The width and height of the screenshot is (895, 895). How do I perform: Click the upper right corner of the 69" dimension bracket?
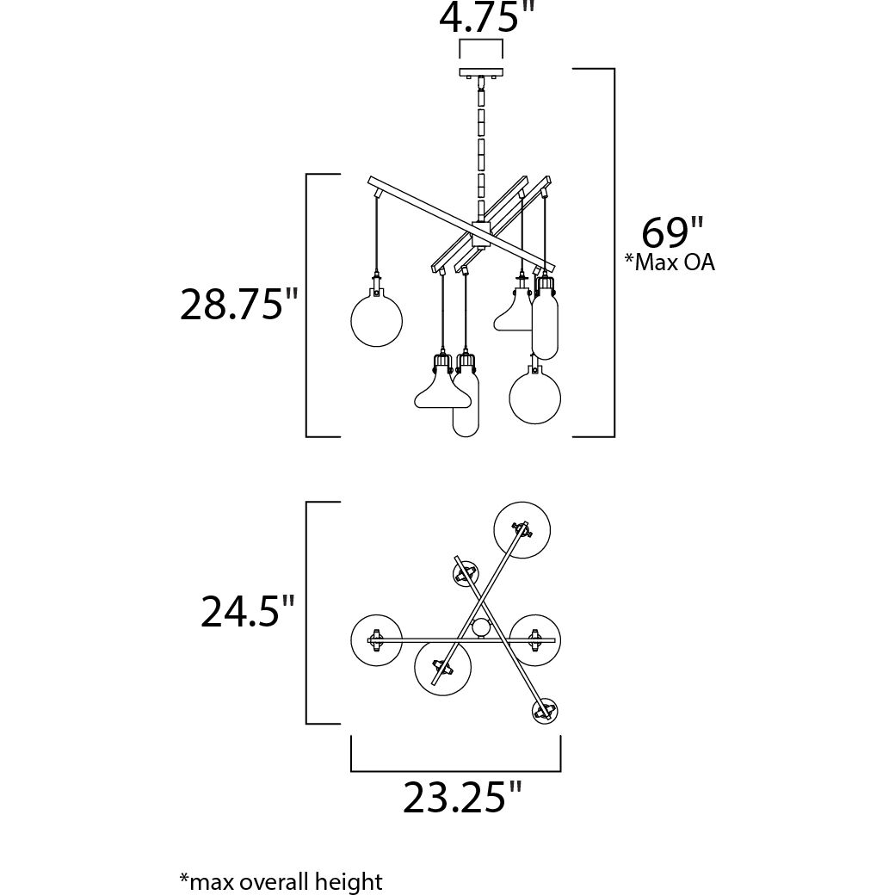[614, 69]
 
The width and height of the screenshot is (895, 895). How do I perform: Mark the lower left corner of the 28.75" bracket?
[306, 436]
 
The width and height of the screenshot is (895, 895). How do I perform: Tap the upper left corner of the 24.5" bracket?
[306, 503]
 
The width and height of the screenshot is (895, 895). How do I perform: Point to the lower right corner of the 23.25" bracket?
[560, 771]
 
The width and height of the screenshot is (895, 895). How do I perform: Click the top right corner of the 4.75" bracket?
[503, 40]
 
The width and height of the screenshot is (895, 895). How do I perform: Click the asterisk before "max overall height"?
[184, 877]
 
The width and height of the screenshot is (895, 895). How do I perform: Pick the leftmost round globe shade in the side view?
[376, 320]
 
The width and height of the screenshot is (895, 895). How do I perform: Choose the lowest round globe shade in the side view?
[534, 398]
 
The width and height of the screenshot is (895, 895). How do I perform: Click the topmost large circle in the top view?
[522, 530]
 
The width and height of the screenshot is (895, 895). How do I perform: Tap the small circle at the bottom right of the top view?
[545, 711]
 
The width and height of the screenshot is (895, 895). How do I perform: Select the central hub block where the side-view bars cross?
[480, 234]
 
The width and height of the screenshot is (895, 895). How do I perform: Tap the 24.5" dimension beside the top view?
[247, 611]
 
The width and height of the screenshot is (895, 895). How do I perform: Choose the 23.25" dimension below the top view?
[462, 797]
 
